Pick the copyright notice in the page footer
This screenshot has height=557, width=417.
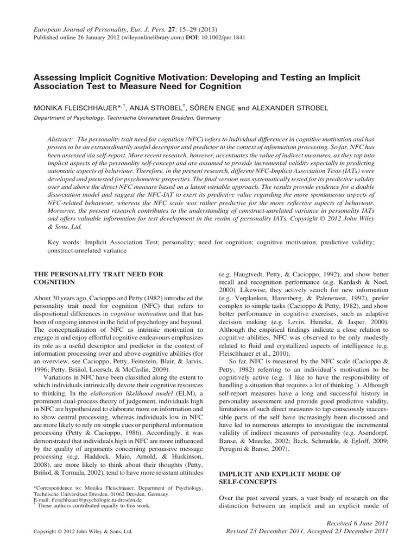pyautogui.click(x=84, y=531)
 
